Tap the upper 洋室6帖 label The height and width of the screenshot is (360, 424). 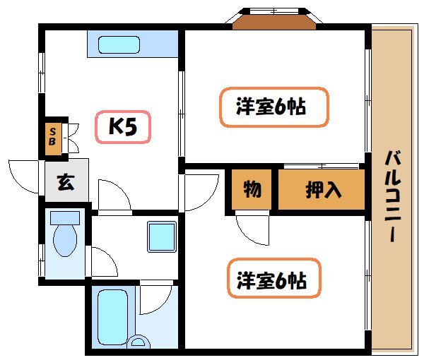(x=272, y=107)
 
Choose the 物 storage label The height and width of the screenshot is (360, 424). (x=251, y=189)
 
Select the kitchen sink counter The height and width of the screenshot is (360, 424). (x=132, y=44)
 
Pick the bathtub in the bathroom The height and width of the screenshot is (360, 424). (x=112, y=313)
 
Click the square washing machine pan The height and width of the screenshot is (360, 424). (x=161, y=236)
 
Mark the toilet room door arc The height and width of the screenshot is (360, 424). (x=103, y=261)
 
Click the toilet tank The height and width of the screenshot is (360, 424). (x=66, y=217)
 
